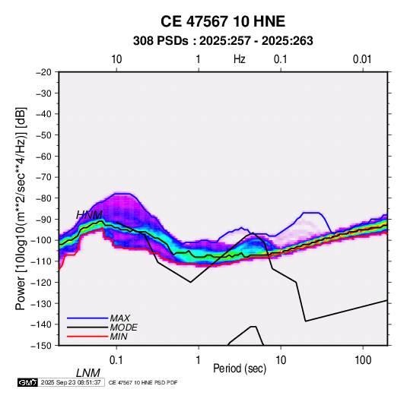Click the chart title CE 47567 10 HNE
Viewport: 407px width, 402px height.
point(223,21)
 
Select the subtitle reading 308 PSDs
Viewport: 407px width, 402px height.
point(161,41)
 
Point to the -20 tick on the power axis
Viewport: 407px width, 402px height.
point(43,72)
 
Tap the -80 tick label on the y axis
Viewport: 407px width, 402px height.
point(43,198)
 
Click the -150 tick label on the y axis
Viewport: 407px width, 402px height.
point(42,346)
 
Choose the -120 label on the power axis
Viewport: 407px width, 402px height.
point(42,282)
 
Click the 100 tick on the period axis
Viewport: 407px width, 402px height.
point(363,360)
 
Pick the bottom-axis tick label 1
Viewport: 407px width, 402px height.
point(199,360)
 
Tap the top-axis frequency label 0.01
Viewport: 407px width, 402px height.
point(362,59)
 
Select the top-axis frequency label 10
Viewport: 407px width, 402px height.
point(116,59)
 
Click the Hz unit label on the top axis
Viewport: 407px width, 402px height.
point(240,59)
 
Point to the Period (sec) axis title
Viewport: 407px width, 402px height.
point(240,369)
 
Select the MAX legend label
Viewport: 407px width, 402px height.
point(120,318)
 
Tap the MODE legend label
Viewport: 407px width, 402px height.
point(123,328)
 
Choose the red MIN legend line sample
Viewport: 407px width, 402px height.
point(87,337)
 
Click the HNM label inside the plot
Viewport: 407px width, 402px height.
point(89,215)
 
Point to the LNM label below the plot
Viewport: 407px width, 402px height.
point(88,373)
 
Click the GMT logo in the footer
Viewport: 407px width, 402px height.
point(28,382)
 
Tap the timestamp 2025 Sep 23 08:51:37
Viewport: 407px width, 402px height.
point(71,382)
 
